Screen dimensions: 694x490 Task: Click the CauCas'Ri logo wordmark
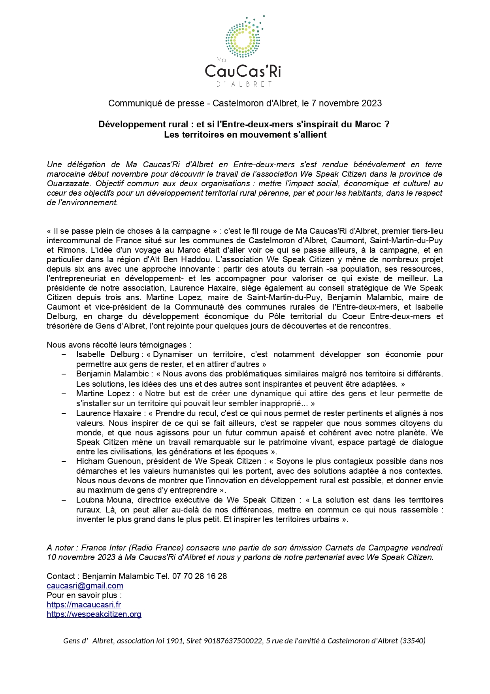243,72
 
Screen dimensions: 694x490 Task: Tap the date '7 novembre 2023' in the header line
346,104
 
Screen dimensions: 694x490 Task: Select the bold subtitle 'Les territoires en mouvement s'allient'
245,134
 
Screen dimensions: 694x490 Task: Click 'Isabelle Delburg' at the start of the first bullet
107,354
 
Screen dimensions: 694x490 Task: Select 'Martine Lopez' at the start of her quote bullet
103,393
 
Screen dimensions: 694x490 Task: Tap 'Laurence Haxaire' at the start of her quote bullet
109,413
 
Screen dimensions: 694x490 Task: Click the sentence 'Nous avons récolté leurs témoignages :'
119,345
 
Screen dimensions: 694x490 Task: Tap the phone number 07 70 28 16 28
200,576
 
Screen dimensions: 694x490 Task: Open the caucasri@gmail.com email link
85,586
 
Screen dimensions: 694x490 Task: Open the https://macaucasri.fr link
84,605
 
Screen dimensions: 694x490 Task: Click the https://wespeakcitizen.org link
94,614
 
